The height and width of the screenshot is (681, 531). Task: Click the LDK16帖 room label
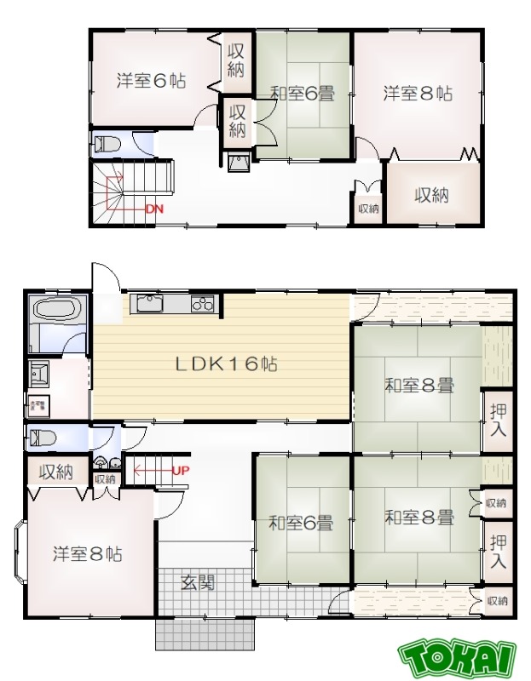(x=226, y=364)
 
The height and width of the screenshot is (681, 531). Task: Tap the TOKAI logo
(x=457, y=658)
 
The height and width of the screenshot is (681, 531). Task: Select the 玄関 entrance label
(x=197, y=583)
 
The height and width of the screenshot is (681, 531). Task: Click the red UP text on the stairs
(x=180, y=470)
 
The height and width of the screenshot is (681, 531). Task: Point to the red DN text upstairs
(x=153, y=209)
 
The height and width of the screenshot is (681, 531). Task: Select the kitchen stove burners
(x=204, y=303)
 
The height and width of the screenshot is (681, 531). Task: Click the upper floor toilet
(x=107, y=144)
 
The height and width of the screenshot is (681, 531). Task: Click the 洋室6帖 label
(x=152, y=82)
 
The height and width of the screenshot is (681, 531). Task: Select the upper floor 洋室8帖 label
(x=417, y=93)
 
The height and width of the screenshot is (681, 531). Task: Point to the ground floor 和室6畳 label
(x=301, y=523)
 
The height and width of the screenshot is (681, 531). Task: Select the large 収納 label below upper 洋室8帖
(x=431, y=194)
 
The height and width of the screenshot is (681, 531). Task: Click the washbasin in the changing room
(x=39, y=373)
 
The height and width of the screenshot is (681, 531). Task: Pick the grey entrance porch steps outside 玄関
(x=205, y=633)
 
